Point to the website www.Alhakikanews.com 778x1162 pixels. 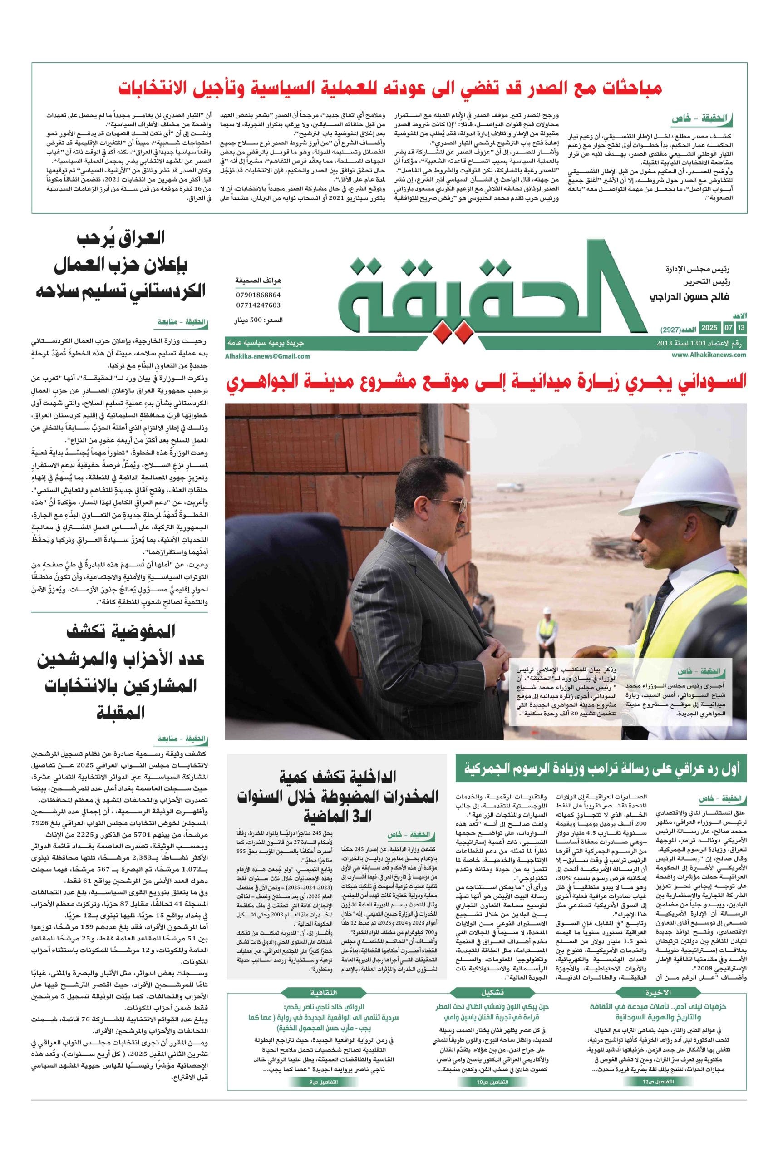point(709,355)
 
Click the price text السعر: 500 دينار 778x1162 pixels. point(259,320)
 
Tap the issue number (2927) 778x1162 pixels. point(671,330)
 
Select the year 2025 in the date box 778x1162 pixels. point(709,328)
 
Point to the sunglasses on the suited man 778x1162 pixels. point(457,505)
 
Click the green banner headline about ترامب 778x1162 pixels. point(601,769)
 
